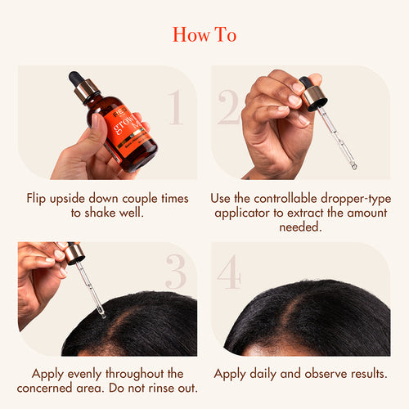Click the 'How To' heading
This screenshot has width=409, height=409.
(x=204, y=35)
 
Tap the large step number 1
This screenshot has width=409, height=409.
(x=174, y=109)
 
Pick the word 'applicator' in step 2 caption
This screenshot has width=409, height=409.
(x=246, y=214)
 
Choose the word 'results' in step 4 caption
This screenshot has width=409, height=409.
(x=365, y=373)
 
